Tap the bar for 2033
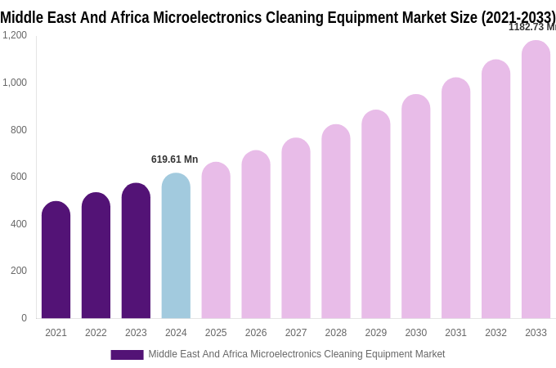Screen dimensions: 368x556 pyautogui.click(x=536, y=180)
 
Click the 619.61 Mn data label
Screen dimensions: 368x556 pyautogui.click(x=174, y=159)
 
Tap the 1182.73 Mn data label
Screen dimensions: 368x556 pyautogui.click(x=531, y=27)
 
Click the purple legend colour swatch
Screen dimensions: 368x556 pyautogui.click(x=127, y=355)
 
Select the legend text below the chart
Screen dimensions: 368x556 pyautogui.click(x=297, y=354)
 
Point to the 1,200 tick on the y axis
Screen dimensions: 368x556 pyautogui.click(x=15, y=35)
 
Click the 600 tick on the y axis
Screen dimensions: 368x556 pyautogui.click(x=18, y=177)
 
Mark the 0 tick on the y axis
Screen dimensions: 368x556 pyautogui.click(x=24, y=318)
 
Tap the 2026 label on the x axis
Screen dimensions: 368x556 pyautogui.click(x=256, y=333)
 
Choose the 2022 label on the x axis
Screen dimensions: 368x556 pyautogui.click(x=96, y=333)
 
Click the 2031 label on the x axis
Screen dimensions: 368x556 pyautogui.click(x=455, y=333)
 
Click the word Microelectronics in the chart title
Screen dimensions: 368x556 pyautogui.click(x=195, y=17)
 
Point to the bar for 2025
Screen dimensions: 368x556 pyautogui.click(x=216, y=240)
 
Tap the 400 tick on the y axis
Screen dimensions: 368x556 pyautogui.click(x=18, y=224)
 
